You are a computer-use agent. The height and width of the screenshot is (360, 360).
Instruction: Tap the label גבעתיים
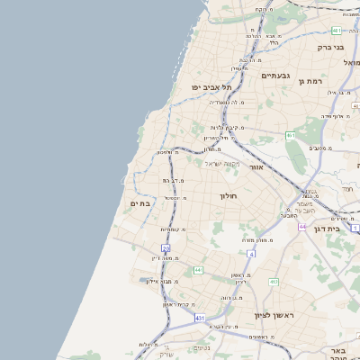coord(278,76)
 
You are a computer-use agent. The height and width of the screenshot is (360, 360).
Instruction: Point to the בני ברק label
coord(331,47)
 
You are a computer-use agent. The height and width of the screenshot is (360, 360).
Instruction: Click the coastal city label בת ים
coord(139,203)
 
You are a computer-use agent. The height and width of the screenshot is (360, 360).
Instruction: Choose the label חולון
coord(228,195)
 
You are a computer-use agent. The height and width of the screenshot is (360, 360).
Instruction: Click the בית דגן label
coord(331,229)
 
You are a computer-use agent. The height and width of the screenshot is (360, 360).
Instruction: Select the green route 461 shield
coord(291,135)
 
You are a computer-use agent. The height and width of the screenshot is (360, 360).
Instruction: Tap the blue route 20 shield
coord(166,247)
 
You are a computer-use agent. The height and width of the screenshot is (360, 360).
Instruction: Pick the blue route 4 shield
coord(251,255)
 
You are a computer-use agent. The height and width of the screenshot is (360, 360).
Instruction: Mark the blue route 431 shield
coord(199,318)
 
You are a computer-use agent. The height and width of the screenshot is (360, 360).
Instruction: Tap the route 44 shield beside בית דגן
coord(303,226)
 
